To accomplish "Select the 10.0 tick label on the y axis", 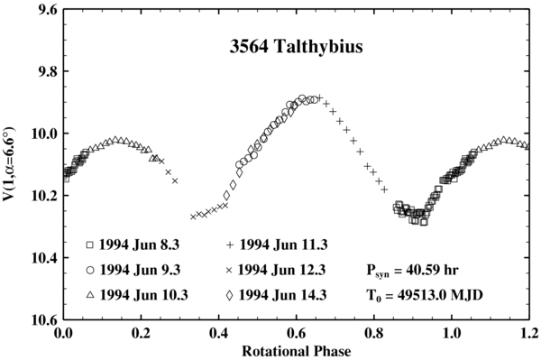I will pyautogui.click(x=44, y=134).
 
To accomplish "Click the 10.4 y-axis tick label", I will pyautogui.click(x=44, y=258).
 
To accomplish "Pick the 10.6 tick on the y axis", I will pyautogui.click(x=44, y=320).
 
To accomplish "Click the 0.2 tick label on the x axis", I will pyautogui.click(x=141, y=333).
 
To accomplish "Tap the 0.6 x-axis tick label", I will pyautogui.click(x=297, y=333).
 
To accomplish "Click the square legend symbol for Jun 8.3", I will pyautogui.click(x=89, y=245).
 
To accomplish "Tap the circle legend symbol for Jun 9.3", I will pyautogui.click(x=89, y=269).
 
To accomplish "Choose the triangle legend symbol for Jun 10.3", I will pyautogui.click(x=89, y=293).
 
